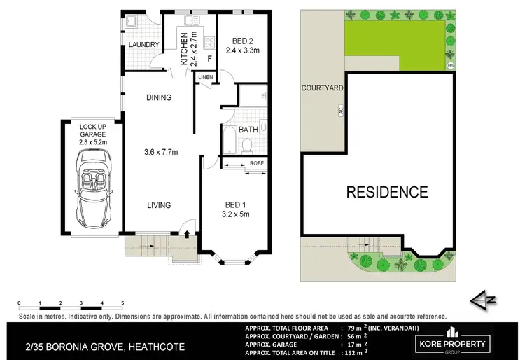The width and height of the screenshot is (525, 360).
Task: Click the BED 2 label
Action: pos(242,41)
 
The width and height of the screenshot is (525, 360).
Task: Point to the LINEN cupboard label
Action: pos(205,76)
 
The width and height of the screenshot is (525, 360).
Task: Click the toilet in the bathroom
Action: pos(247,145)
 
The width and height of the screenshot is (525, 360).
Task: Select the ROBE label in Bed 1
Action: pos(257,163)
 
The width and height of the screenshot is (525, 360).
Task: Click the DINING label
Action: pos(158,97)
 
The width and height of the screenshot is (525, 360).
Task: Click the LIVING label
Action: pos(159,205)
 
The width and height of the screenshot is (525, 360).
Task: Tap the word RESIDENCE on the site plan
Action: pos(387,191)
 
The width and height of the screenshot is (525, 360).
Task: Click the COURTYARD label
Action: pos(322,88)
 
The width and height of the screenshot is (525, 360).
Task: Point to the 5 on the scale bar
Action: pos(123,303)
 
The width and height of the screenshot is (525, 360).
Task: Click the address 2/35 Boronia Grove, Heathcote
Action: pos(83,345)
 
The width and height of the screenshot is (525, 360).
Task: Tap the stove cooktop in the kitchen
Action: pos(208,40)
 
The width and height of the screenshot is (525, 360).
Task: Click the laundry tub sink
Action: pos(132,22)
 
